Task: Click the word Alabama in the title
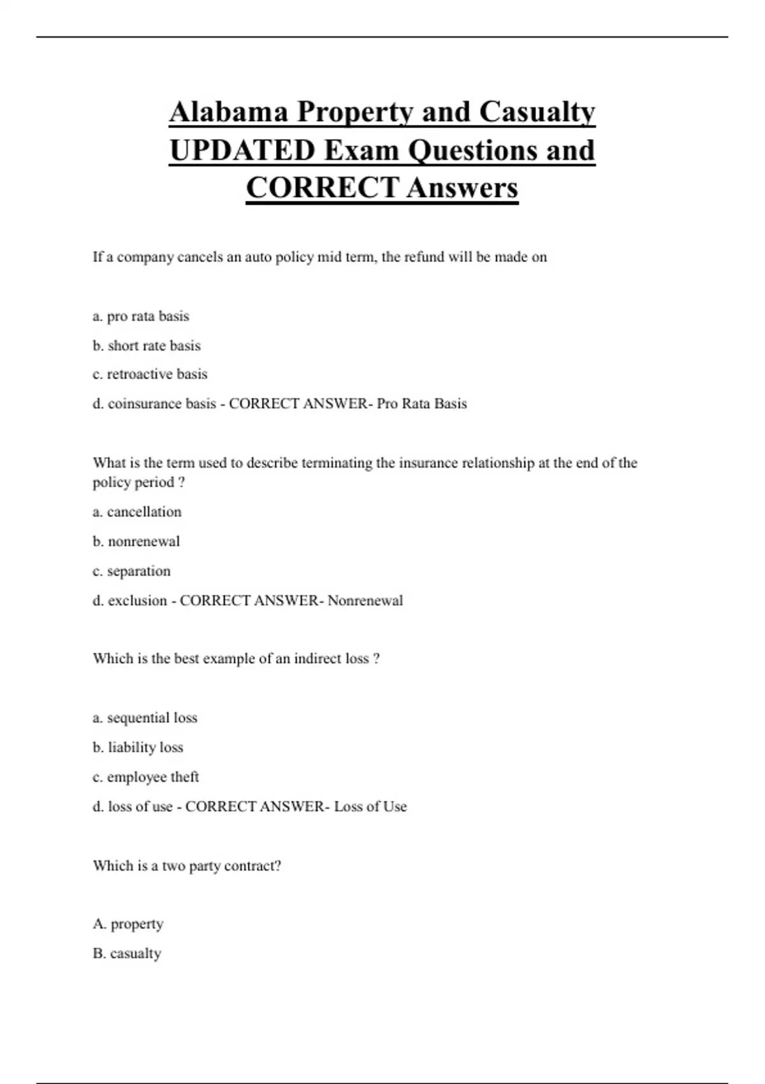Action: tap(228, 112)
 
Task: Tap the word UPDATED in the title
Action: tap(242, 150)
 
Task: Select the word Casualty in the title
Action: tap(537, 112)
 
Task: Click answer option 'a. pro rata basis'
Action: tap(141, 316)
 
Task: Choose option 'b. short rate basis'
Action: tap(147, 346)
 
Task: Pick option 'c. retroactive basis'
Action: tap(150, 374)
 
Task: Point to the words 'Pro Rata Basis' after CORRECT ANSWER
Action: tap(421, 404)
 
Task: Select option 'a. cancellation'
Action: tap(137, 512)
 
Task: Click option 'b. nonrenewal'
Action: tap(136, 541)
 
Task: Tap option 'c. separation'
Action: tap(131, 571)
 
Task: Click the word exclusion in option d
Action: tap(137, 601)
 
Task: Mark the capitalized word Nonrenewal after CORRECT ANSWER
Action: tap(365, 601)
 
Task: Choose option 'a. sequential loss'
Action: tap(145, 718)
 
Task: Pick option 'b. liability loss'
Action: tap(138, 747)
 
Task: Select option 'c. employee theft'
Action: tap(146, 777)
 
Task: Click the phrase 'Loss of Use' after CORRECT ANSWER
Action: tap(370, 807)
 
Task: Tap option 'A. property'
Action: tap(128, 924)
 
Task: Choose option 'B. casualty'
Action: tap(127, 954)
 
